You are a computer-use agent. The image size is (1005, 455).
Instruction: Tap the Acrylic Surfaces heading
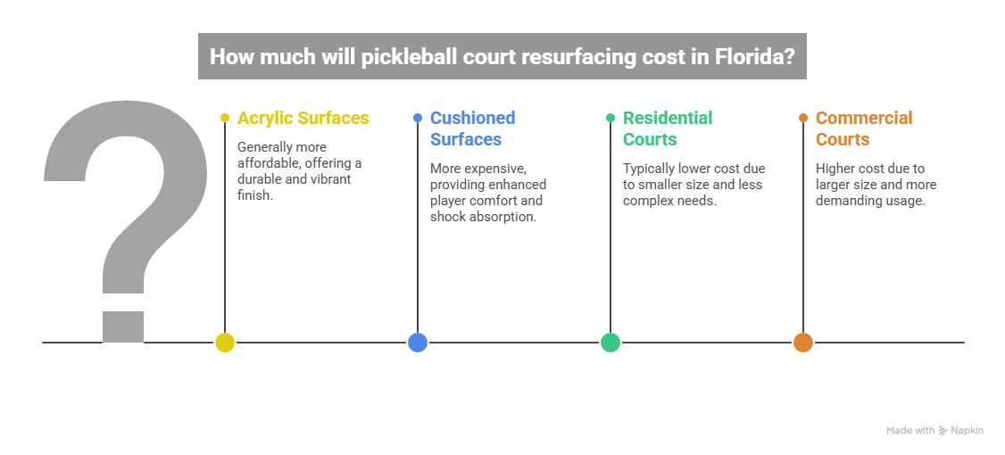pyautogui.click(x=303, y=118)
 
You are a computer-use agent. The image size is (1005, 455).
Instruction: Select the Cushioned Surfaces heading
pyautogui.click(x=472, y=128)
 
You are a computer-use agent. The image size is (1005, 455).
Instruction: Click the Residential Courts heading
pyautogui.click(x=668, y=128)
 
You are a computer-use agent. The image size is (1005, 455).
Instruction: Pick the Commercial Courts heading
pyautogui.click(x=863, y=128)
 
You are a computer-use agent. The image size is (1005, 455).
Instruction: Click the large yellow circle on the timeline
pyautogui.click(x=224, y=343)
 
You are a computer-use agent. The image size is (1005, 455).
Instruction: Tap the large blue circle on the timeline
pyautogui.click(x=418, y=343)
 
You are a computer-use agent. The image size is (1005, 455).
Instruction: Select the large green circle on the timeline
pyautogui.click(x=610, y=343)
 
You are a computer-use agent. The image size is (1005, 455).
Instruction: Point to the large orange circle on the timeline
pyautogui.click(x=803, y=343)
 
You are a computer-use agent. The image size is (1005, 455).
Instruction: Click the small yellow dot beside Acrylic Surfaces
pyautogui.click(x=224, y=118)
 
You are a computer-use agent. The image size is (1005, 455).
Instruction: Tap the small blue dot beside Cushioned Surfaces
pyautogui.click(x=418, y=118)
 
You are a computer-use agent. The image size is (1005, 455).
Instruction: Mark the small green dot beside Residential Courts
pyautogui.click(x=610, y=118)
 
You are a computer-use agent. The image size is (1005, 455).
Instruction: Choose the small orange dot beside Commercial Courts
pyautogui.click(x=803, y=118)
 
